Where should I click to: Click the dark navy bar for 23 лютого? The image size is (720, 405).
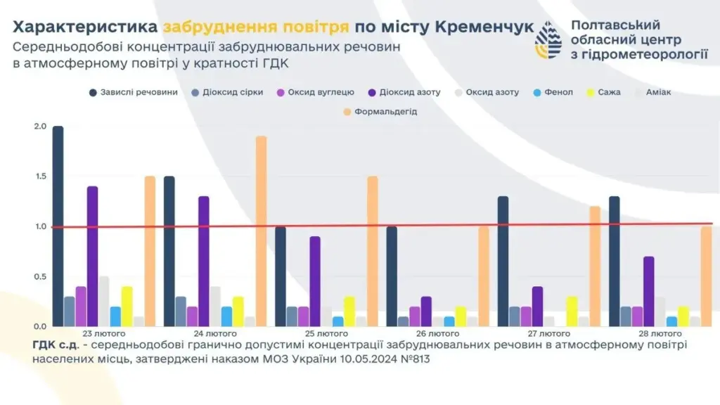click(58, 226)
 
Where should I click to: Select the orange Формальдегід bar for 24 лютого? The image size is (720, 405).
click(261, 231)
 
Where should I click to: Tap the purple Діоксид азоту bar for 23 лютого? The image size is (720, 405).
click(93, 257)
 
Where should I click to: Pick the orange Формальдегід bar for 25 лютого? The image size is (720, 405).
click(372, 251)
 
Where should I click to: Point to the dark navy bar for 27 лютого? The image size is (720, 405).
click(503, 262)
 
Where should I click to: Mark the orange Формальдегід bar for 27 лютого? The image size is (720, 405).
click(595, 266)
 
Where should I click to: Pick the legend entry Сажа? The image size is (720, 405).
click(610, 93)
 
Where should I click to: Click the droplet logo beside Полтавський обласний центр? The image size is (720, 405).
click(548, 40)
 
